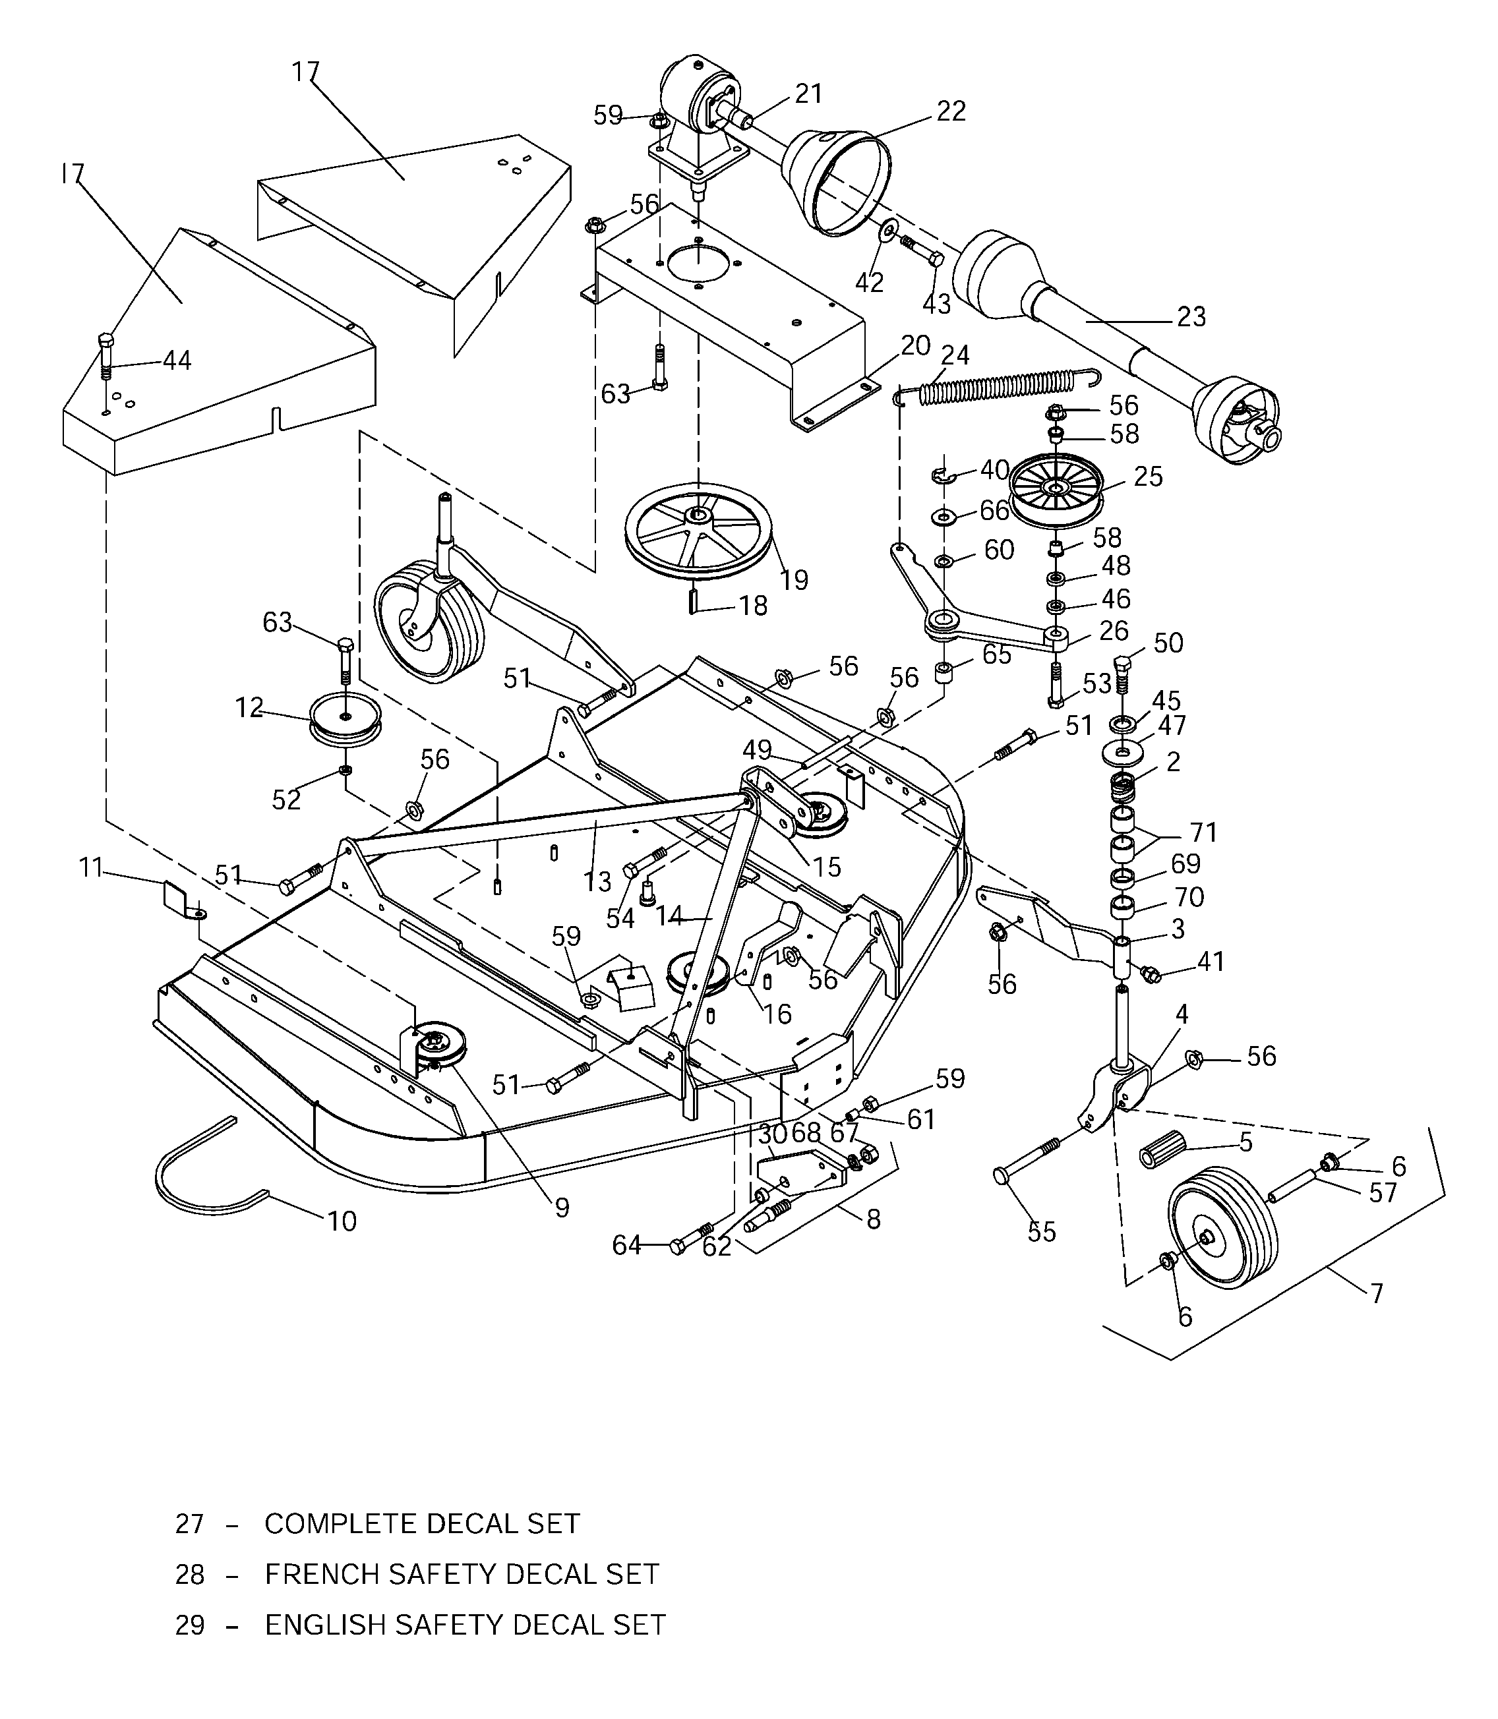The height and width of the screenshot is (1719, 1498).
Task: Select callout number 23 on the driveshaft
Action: coord(1191,317)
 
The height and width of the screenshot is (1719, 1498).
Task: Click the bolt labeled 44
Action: coord(105,355)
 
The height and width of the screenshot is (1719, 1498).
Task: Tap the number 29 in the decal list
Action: coord(190,1625)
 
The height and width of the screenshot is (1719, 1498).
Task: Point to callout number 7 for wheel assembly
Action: coord(1377,1294)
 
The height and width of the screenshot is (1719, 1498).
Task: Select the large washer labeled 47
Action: coord(1121,752)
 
